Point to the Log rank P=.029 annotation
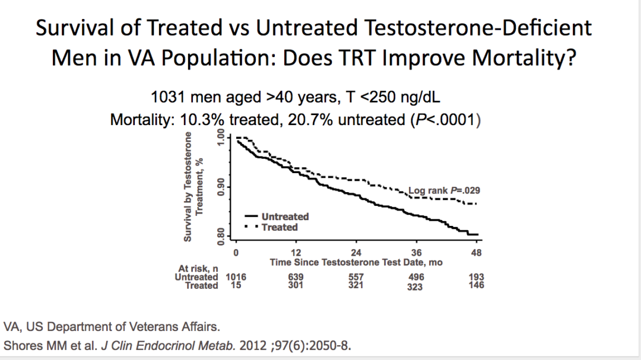(444, 191)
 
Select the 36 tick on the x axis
(416, 253)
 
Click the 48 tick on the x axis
(476, 253)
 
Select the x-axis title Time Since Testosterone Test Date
(356, 262)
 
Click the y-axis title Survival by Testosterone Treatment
(193, 186)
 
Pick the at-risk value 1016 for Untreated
(236, 277)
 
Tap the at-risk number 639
(296, 277)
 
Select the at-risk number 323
(415, 286)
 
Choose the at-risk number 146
(475, 285)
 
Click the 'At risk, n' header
(198, 269)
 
